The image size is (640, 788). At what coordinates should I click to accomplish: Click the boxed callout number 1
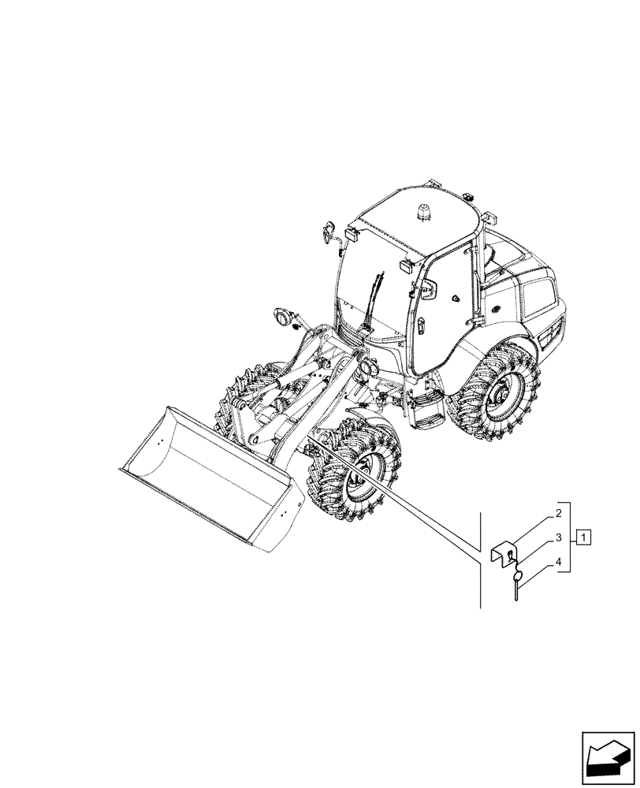[x=583, y=538]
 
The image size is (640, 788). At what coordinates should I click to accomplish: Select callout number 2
[x=558, y=514]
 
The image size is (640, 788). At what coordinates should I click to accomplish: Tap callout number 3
[x=558, y=538]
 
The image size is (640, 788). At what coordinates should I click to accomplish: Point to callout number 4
[x=558, y=563]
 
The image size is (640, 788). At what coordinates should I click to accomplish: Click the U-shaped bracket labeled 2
[x=505, y=552]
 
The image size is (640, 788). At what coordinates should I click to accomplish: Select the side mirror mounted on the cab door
[x=428, y=291]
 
